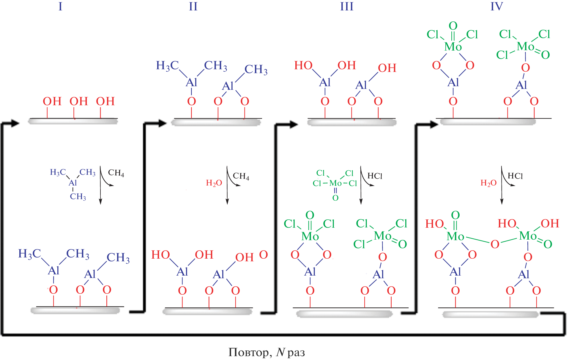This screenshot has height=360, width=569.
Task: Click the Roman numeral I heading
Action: point(60,6)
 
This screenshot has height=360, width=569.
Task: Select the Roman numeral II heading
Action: point(193,6)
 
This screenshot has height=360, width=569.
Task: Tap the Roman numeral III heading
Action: point(347,6)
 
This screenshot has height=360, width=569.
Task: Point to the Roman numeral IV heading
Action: point(497,6)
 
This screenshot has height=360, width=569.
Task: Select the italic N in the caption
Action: point(280,352)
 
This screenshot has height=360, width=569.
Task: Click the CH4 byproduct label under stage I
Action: point(116,173)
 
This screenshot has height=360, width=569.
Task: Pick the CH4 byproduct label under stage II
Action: point(241,176)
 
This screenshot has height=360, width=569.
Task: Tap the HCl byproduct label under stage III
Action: point(375,176)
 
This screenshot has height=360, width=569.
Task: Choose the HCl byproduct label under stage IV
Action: point(515,176)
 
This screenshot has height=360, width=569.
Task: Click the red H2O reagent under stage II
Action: point(214,183)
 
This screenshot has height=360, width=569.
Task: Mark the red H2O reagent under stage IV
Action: point(488,183)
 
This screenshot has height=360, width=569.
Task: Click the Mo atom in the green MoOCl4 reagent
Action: point(335,183)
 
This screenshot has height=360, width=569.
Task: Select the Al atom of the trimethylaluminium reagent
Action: point(73,183)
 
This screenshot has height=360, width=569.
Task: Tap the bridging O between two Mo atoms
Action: point(495,244)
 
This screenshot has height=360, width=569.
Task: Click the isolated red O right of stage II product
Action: point(264,254)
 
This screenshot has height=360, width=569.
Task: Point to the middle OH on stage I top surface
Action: point(79,101)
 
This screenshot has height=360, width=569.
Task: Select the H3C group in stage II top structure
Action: point(167,66)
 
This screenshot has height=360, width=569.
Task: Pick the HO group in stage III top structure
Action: point(303,65)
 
